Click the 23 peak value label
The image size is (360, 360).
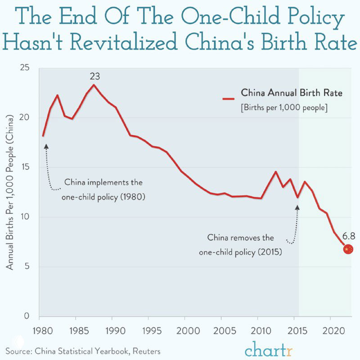(94, 76)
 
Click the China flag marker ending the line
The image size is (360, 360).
(347, 249)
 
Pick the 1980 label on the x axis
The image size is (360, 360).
(40, 329)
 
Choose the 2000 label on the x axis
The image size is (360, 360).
(185, 329)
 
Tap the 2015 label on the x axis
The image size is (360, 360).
(294, 329)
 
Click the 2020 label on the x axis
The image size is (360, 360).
(331, 329)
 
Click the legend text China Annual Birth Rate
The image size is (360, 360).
(292, 93)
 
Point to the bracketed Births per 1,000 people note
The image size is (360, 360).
(284, 108)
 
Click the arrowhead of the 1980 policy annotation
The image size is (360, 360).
(45, 146)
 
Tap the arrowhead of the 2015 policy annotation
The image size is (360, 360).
(297, 207)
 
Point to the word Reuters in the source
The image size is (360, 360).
(145, 351)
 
